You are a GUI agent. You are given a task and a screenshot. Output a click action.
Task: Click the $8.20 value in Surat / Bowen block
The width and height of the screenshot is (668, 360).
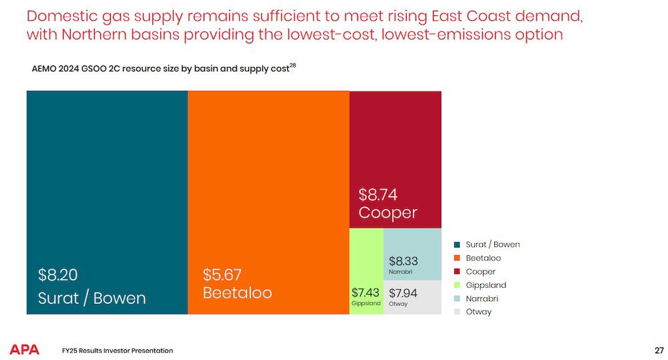[x=58, y=275]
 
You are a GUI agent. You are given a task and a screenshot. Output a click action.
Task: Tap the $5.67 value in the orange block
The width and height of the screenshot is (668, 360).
[x=222, y=275]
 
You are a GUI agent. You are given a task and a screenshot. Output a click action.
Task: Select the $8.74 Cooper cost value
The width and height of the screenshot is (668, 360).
[x=377, y=194]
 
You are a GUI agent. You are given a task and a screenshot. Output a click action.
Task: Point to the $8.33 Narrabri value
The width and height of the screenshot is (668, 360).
[x=403, y=261]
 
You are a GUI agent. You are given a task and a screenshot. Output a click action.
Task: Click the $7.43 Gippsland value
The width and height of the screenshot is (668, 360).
[x=365, y=293]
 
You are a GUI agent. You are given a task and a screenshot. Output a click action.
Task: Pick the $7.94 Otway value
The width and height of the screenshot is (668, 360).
[x=403, y=293]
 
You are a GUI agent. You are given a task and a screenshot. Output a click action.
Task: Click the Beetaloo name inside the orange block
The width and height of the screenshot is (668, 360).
[x=237, y=293]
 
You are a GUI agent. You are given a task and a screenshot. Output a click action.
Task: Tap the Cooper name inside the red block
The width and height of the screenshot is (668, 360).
[x=387, y=212]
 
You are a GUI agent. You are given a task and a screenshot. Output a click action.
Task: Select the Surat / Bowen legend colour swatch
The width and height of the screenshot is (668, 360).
[x=457, y=244]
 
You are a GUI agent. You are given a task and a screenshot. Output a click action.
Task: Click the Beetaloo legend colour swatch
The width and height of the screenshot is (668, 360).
[x=457, y=258]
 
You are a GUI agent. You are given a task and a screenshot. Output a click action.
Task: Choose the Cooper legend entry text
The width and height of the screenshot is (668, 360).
[x=480, y=272]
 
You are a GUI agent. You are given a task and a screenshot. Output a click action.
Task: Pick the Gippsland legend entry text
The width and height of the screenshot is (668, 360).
[x=486, y=285]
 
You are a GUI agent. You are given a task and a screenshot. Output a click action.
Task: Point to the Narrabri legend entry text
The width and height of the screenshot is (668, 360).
[x=482, y=299]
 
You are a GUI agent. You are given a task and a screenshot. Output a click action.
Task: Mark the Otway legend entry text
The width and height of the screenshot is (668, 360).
[x=478, y=312]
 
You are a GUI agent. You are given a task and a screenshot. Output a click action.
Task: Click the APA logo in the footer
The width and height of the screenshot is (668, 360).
[x=25, y=350]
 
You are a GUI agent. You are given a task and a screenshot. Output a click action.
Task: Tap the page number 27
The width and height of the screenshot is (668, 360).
[x=659, y=350]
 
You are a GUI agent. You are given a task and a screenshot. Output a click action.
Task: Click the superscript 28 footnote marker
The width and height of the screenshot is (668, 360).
[x=293, y=65]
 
